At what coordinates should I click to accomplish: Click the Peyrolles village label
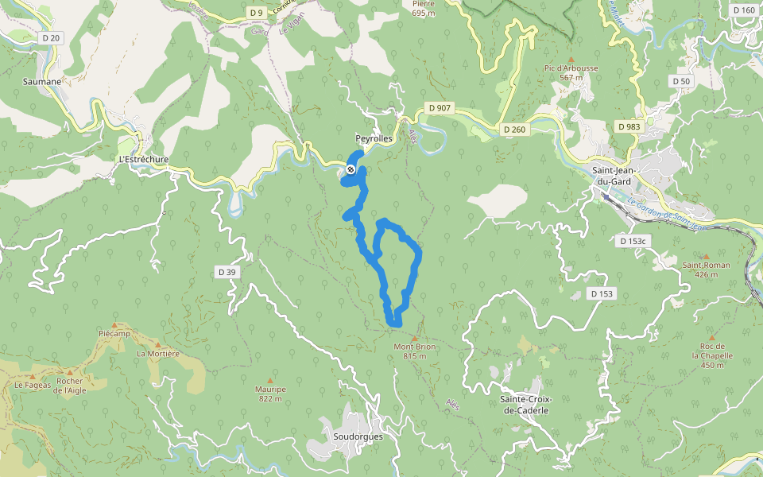pos(374,138)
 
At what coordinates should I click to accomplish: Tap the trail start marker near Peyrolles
pos(351,169)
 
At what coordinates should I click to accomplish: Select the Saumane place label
pos(43,81)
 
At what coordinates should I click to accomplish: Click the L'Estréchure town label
pos(143,159)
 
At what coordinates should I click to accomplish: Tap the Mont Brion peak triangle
pos(413,338)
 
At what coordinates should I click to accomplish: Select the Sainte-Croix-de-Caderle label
pos(525,404)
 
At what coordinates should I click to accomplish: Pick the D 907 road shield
pos(439,107)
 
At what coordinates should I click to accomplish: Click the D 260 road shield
pos(514,129)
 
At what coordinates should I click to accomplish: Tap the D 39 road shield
pos(227,272)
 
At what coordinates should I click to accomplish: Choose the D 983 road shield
pos(629,126)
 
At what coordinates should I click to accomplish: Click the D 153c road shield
pos(633,239)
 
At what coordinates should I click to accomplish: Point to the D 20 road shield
pos(51,37)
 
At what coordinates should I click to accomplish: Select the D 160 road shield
pos(744,10)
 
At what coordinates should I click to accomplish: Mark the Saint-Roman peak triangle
pos(706,256)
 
